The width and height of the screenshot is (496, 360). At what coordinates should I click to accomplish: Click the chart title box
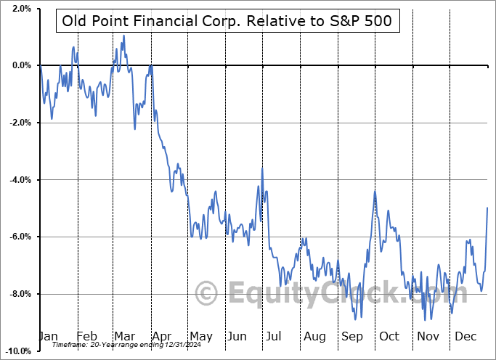click(x=227, y=21)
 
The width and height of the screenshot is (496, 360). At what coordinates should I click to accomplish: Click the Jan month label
click(x=48, y=336)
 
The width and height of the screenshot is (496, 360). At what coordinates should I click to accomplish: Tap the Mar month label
click(x=124, y=336)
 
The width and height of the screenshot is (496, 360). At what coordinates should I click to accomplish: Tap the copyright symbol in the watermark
click(x=207, y=294)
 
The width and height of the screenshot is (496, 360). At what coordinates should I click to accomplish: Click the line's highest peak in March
click(x=123, y=35)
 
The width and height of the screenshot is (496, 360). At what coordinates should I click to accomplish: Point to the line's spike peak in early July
click(x=261, y=169)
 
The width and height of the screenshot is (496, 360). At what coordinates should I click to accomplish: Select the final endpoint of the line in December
click(x=487, y=208)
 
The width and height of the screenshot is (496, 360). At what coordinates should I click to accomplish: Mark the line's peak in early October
click(x=375, y=192)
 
